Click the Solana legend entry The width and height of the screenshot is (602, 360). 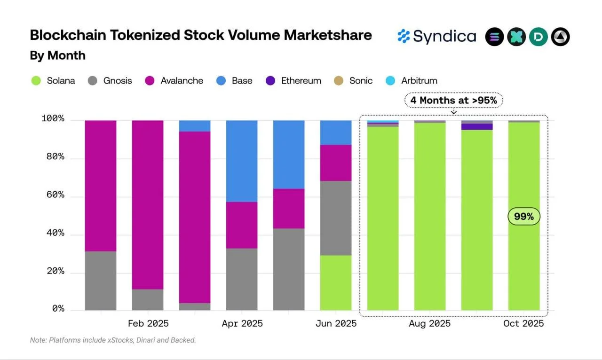(54, 80)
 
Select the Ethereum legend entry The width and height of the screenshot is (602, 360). (294, 80)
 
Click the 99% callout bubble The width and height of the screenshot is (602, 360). (523, 217)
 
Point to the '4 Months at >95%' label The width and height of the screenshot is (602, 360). (454, 100)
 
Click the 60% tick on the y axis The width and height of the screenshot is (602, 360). (53, 195)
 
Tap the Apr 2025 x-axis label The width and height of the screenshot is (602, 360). (242, 323)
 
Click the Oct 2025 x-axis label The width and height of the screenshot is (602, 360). (523, 323)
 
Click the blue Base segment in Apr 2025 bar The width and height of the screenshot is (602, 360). (242, 161)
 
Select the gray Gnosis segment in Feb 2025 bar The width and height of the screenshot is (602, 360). (148, 299)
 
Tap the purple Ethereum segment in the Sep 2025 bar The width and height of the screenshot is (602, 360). (477, 126)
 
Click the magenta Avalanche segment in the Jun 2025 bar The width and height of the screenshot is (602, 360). (336, 163)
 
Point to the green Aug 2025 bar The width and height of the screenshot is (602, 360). (430, 216)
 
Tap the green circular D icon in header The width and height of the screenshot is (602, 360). (538, 37)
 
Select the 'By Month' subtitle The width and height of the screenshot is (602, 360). (57, 55)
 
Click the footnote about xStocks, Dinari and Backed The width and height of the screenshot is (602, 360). (113, 340)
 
